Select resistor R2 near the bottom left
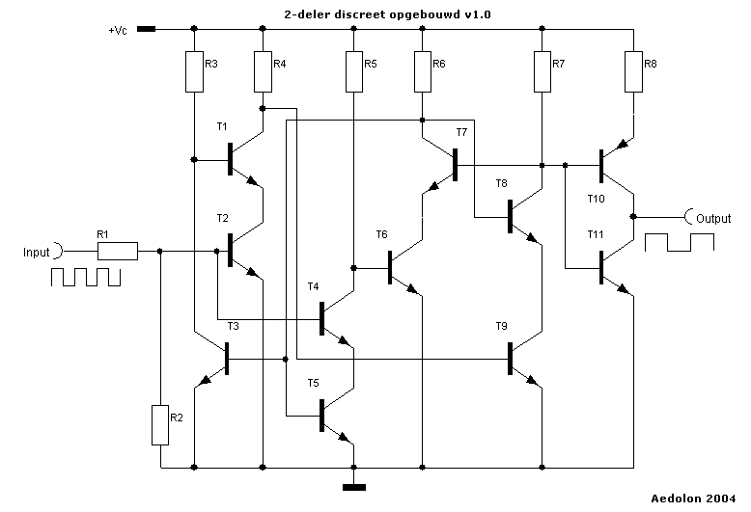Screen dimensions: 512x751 click(161, 425)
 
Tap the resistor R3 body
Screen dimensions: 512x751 click(194, 70)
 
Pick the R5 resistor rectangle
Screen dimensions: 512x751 click(354, 70)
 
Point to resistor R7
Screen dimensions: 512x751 click(542, 70)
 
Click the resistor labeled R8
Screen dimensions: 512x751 click(633, 70)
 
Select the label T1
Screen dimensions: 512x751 click(222, 126)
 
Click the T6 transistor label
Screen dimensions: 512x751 click(381, 234)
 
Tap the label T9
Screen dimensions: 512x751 click(501, 325)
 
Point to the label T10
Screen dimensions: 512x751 click(597, 199)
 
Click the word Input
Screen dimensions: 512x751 click(36, 253)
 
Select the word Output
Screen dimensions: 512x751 click(715, 217)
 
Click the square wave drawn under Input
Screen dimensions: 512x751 click(85, 278)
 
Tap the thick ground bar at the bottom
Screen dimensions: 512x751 click(354, 487)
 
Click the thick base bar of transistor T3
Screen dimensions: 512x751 click(228, 359)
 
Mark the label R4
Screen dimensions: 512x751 click(279, 65)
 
